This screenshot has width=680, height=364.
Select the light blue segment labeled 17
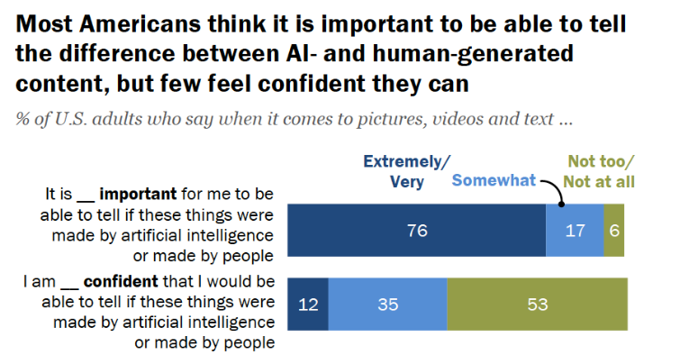(x=575, y=230)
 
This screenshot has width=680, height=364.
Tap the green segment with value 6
(x=614, y=230)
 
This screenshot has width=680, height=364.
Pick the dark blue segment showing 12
(x=307, y=304)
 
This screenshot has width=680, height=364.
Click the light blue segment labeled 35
(x=387, y=304)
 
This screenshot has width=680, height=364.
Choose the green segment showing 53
(x=537, y=304)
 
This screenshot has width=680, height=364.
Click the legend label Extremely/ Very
(x=407, y=170)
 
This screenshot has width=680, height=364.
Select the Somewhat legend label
(x=494, y=179)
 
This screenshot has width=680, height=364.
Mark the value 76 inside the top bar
(x=416, y=230)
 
